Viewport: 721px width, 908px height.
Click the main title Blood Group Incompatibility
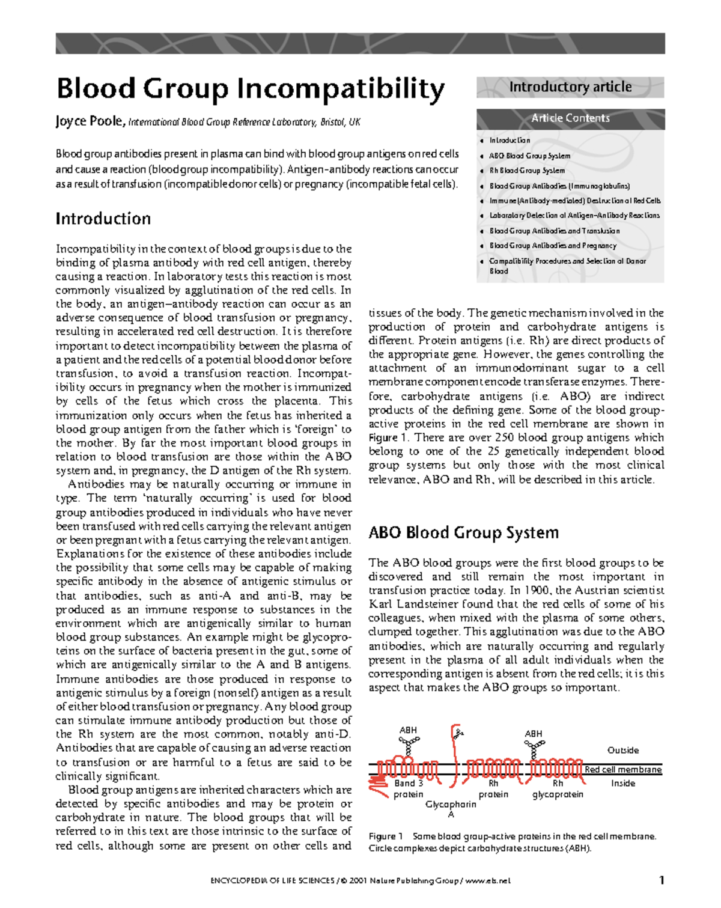tap(250, 89)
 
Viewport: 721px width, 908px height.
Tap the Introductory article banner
tap(570, 87)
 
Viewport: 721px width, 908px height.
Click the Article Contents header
tap(570, 118)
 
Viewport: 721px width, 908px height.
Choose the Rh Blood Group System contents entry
tap(526, 171)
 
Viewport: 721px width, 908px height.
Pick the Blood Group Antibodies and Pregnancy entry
tap(552, 246)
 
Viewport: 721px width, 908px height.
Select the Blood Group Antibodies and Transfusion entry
tap(554, 231)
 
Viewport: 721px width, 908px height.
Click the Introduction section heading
tap(103, 219)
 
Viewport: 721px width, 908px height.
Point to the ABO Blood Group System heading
tap(463, 532)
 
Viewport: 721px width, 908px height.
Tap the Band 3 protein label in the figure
tap(409, 788)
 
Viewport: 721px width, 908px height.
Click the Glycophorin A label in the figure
tap(451, 809)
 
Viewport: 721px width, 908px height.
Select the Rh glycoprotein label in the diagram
tap(558, 788)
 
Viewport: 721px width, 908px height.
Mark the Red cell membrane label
tap(622, 770)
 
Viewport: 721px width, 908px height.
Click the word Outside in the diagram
tap(622, 751)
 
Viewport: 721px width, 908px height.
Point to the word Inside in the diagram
tap(622, 784)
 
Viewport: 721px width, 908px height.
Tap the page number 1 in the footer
tap(662, 880)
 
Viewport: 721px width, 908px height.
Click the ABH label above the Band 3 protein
tap(408, 730)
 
